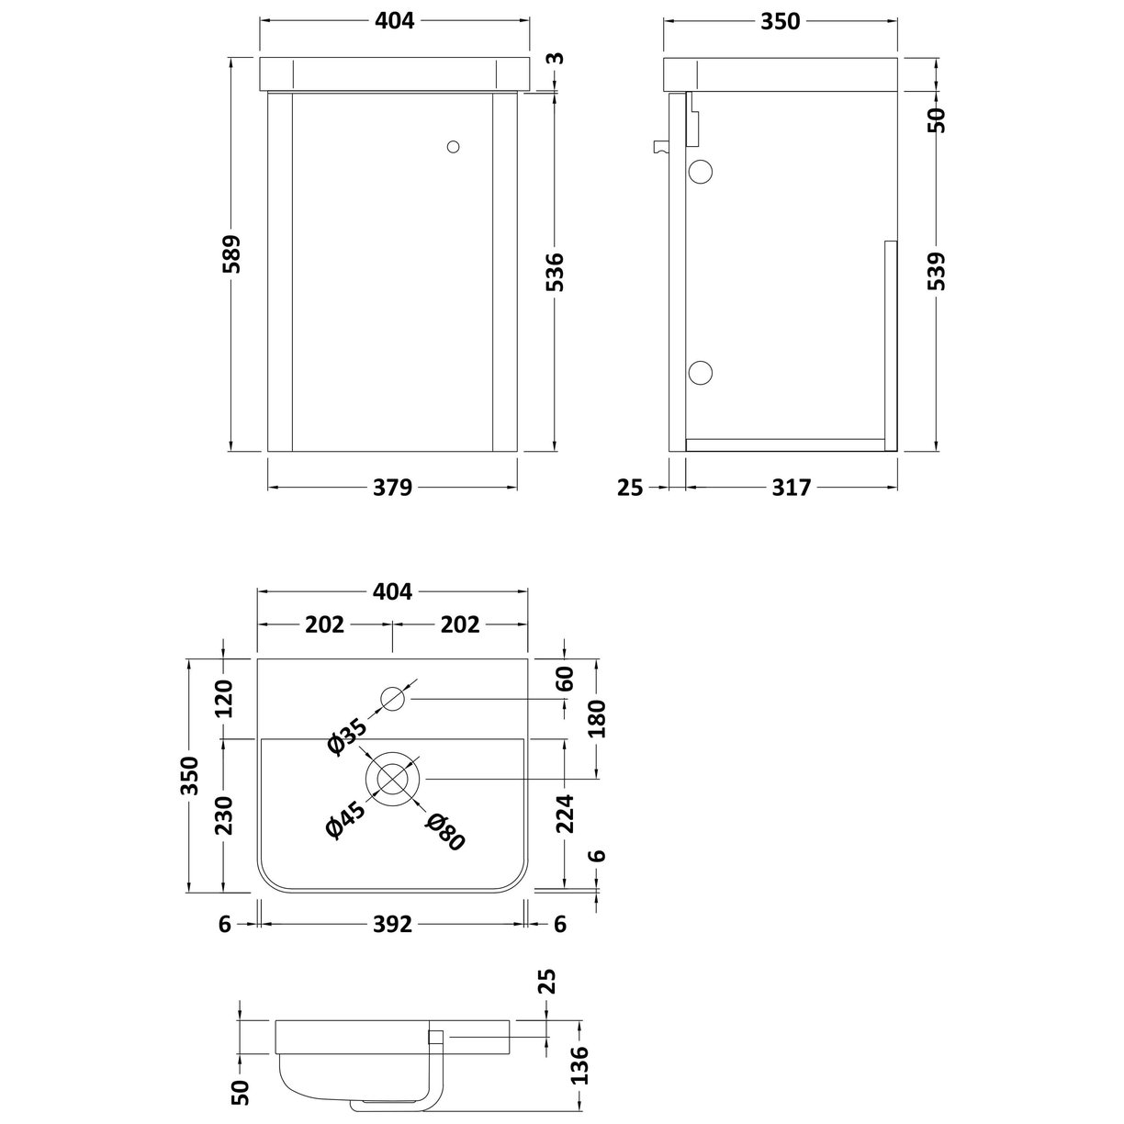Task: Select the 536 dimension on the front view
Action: (x=556, y=272)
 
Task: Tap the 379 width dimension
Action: (x=393, y=488)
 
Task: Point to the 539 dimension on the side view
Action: (x=936, y=271)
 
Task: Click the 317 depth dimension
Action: (x=791, y=488)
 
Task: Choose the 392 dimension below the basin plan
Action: (x=393, y=925)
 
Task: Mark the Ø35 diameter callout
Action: (x=346, y=736)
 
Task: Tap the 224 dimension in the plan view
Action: (x=565, y=814)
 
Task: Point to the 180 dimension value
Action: (x=598, y=718)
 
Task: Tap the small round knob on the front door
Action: (x=453, y=146)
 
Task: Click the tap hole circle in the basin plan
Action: (x=393, y=700)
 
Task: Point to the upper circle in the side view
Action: (x=701, y=171)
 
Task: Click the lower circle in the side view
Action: (x=701, y=371)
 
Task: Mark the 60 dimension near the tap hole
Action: (x=565, y=680)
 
